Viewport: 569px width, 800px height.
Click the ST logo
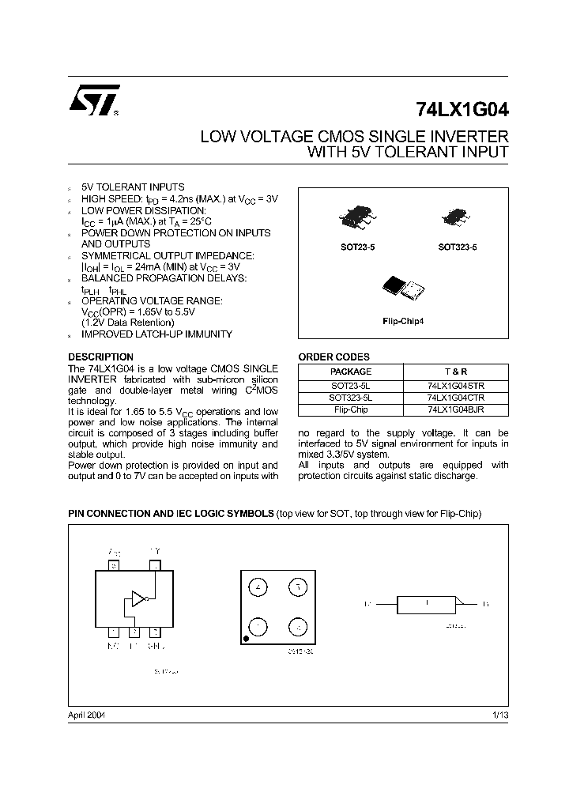pos(93,101)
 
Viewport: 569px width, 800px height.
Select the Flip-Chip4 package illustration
pos(402,289)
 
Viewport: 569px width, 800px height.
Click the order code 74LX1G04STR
pos(455,386)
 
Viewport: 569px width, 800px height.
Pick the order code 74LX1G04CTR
pos(455,398)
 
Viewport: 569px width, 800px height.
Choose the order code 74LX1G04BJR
pos(455,410)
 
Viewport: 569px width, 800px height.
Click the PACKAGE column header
pos(350,372)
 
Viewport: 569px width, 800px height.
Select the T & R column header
pos(455,372)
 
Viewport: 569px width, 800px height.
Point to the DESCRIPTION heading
pos(100,357)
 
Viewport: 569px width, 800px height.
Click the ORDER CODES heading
pos(333,357)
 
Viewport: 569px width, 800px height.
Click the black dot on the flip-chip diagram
pos(247,636)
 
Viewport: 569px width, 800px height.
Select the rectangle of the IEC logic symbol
pos(425,604)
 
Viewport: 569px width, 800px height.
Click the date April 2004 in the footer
pos(87,715)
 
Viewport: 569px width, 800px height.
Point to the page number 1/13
pos(500,715)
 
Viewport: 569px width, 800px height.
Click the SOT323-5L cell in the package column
pos(350,398)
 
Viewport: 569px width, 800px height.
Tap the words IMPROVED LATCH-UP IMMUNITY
pos(157,334)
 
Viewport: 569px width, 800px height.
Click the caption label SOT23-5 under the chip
pos(357,247)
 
